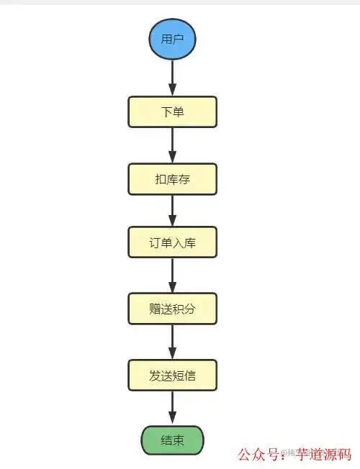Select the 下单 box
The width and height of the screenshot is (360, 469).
172,112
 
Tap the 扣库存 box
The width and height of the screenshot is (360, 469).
172,178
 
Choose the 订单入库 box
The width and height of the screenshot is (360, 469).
172,243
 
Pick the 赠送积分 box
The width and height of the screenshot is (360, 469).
172,309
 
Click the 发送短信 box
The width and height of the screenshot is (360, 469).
172,375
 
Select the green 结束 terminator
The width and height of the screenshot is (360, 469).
172,440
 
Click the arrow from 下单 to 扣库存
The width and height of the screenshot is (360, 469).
172,146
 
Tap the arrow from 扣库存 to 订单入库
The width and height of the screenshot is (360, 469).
172,211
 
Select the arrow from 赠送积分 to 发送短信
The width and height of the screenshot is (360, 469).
172,342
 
